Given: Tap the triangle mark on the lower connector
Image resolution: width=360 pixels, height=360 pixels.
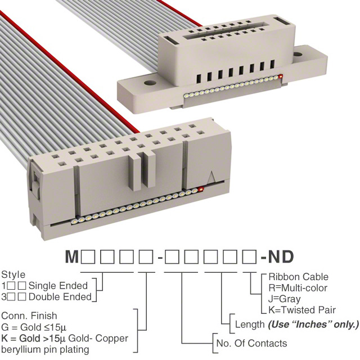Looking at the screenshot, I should (x=212, y=177).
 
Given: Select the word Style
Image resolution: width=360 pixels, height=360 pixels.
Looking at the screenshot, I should (x=13, y=275).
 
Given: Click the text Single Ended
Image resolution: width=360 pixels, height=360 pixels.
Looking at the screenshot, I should (x=58, y=285).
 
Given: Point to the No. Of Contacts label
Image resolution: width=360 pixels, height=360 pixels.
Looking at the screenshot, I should (x=251, y=344).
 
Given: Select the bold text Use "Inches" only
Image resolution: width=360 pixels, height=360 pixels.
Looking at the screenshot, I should (x=313, y=325).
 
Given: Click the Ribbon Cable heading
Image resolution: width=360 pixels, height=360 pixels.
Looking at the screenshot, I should (x=299, y=277).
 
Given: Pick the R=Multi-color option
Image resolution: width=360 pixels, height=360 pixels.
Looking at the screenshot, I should (x=299, y=288).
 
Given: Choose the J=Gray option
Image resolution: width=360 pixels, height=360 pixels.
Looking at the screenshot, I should (x=285, y=299).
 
